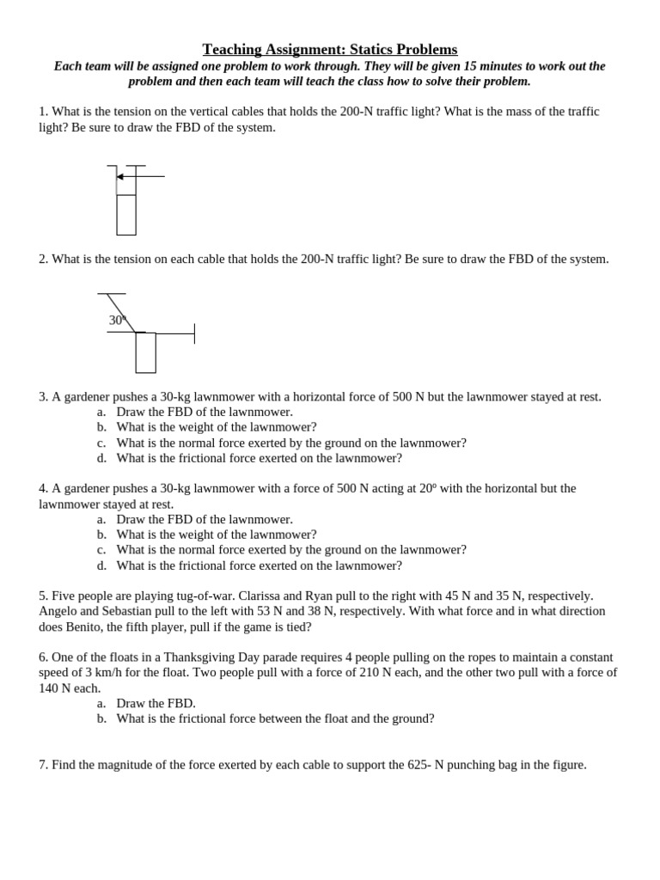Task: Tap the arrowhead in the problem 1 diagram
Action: coord(120,176)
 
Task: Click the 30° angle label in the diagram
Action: coord(118,321)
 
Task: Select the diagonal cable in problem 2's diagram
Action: coord(121,312)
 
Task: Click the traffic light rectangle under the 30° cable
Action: coord(145,352)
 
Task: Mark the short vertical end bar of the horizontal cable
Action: coord(194,333)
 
